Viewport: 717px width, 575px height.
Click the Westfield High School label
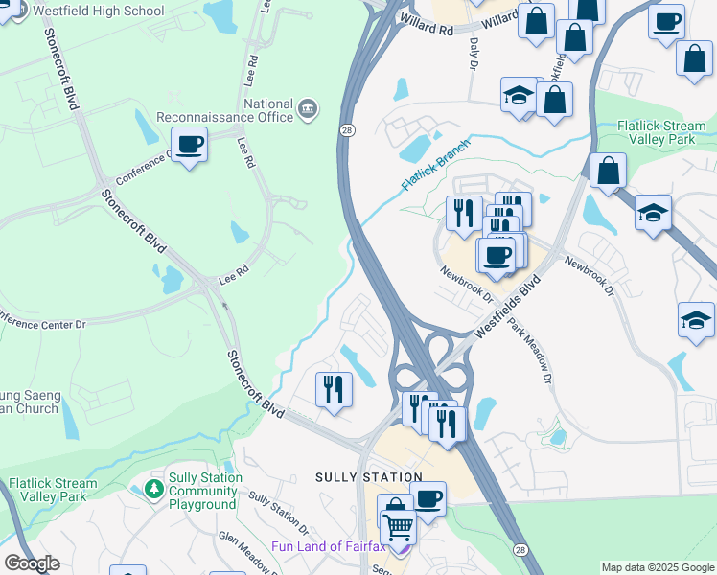pyautogui.click(x=97, y=11)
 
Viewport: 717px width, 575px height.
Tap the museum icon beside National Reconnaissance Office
pyautogui.click(x=308, y=107)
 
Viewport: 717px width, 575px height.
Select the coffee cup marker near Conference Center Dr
pyautogui.click(x=190, y=144)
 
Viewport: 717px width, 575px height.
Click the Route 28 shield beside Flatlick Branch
pyautogui.click(x=344, y=129)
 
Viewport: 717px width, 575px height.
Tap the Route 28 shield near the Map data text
pyautogui.click(x=519, y=550)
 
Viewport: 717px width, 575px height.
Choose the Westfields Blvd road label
pyautogui.click(x=503, y=305)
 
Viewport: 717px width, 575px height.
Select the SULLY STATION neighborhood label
pyautogui.click(x=369, y=477)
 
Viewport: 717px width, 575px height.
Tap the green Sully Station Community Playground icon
pyautogui.click(x=153, y=490)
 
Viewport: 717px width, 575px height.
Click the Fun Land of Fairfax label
pyautogui.click(x=328, y=547)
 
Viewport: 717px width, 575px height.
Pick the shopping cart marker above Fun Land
pyautogui.click(x=399, y=526)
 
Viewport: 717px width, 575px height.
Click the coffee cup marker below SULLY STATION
pyautogui.click(x=428, y=498)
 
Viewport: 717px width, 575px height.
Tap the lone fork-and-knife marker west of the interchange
pyautogui.click(x=333, y=389)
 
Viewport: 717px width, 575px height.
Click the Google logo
pyautogui.click(x=32, y=563)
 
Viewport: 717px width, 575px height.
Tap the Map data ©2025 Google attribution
pyautogui.click(x=657, y=567)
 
